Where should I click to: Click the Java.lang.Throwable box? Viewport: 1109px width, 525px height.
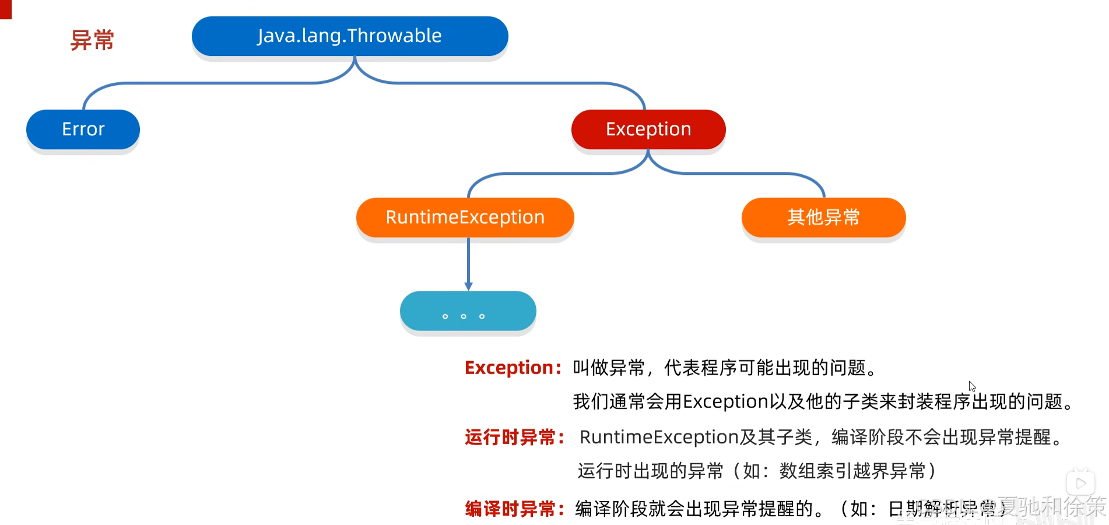350,36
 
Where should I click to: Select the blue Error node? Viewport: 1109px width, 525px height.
83,129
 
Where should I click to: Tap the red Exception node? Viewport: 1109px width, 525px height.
648,129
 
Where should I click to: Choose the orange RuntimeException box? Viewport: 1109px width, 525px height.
465,217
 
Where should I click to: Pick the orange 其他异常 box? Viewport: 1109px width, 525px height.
823,217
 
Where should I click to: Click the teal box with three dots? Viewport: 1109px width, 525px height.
468,311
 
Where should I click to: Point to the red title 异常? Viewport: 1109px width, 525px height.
92,40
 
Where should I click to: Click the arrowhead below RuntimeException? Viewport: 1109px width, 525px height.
468,286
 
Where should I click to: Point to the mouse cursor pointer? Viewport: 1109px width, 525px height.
971,386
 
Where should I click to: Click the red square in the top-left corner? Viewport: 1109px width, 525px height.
5,9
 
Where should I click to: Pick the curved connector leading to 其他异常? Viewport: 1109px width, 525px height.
758,174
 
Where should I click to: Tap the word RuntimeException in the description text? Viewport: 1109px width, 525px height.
659,437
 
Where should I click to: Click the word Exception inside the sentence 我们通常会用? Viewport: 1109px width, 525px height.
725,401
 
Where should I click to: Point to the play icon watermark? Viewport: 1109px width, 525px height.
1080,483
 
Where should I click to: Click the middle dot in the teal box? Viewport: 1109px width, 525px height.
464,316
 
